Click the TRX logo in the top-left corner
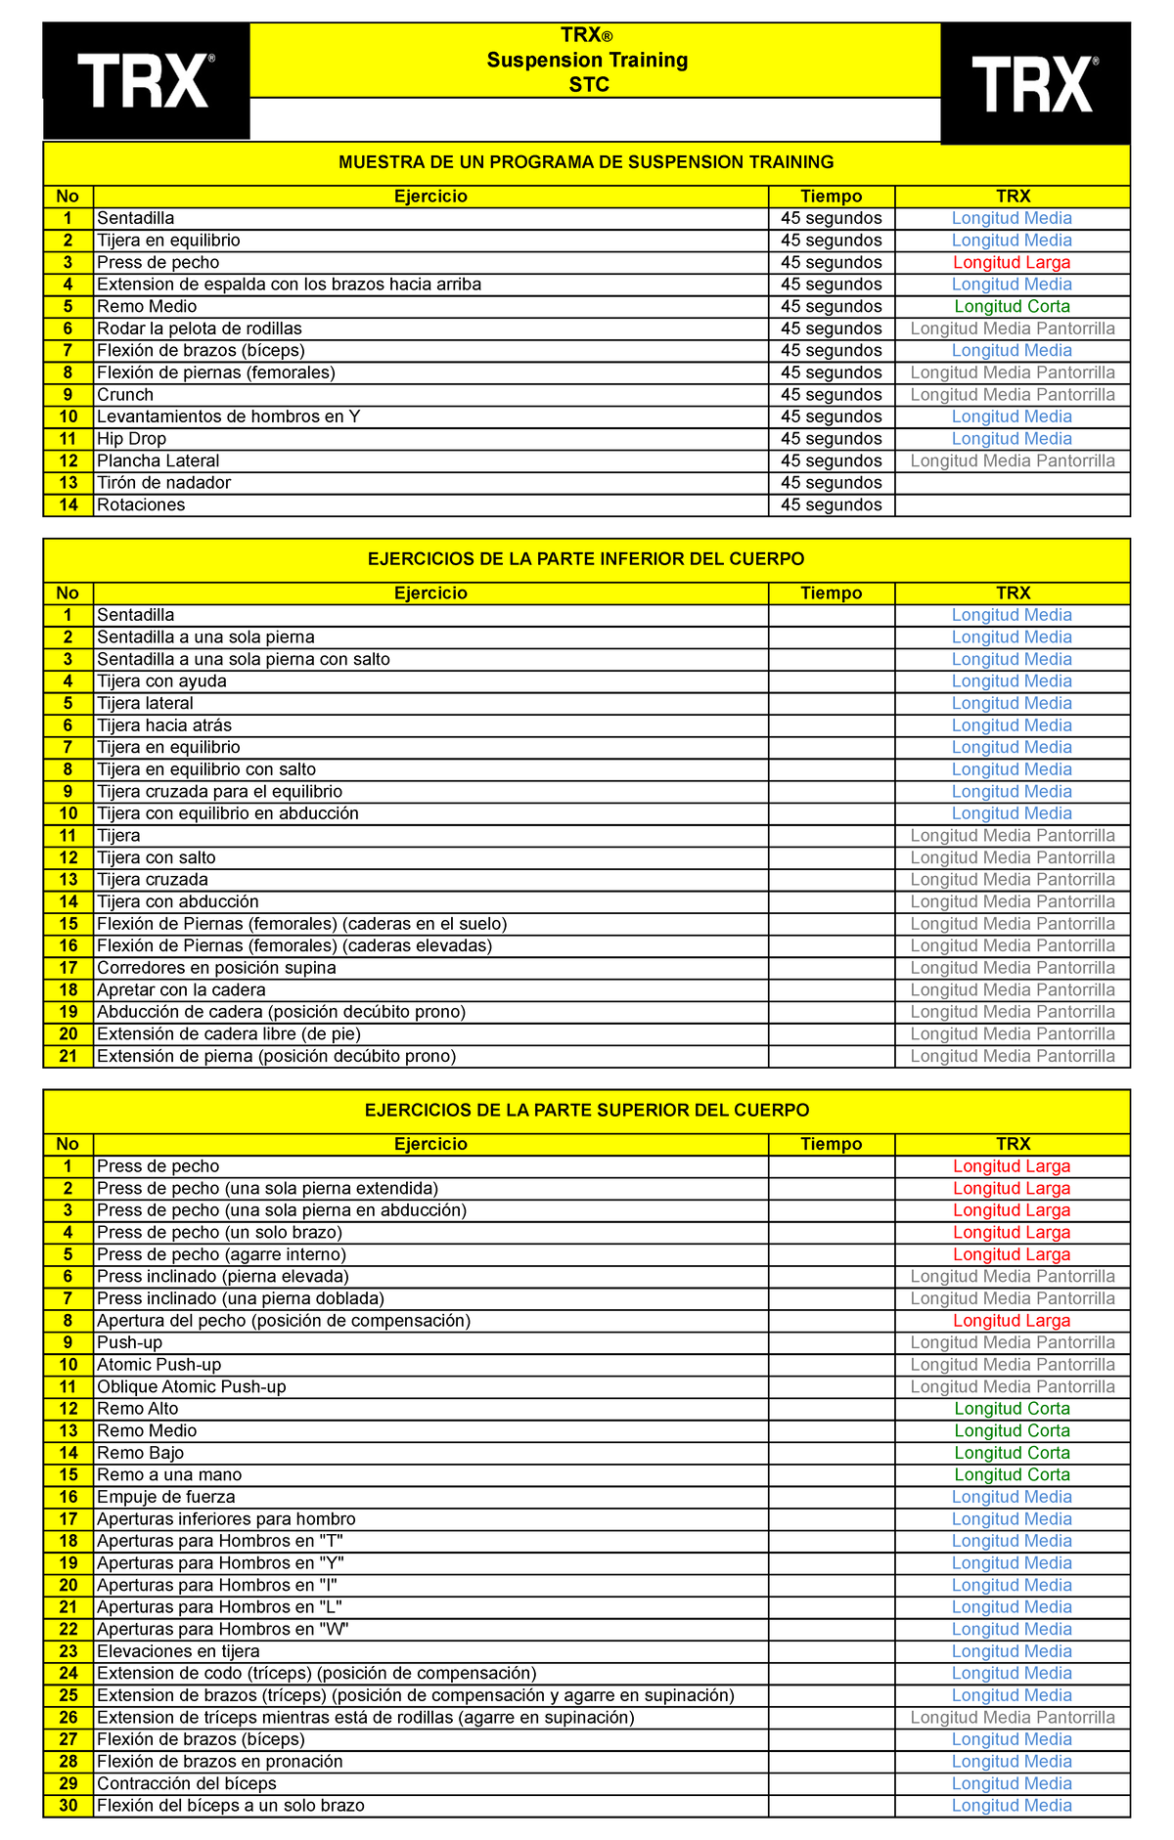(x=146, y=81)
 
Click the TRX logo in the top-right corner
(x=1034, y=84)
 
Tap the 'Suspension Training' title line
(x=587, y=61)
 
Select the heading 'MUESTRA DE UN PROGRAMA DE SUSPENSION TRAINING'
(x=586, y=162)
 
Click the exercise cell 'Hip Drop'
(x=131, y=439)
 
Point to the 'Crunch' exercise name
(x=125, y=395)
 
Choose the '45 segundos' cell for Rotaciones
(x=831, y=505)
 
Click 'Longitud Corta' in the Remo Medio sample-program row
(x=1012, y=307)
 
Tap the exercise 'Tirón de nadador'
(x=163, y=483)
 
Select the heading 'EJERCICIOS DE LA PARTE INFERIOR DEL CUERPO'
(x=586, y=559)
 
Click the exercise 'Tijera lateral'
(x=145, y=704)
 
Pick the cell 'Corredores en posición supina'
(x=216, y=968)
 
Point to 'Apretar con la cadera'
(x=181, y=990)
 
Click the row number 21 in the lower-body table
(x=68, y=1057)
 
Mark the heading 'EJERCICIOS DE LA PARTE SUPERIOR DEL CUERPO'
(x=586, y=1111)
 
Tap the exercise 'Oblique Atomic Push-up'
(x=191, y=1387)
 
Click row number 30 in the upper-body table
(x=68, y=1806)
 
